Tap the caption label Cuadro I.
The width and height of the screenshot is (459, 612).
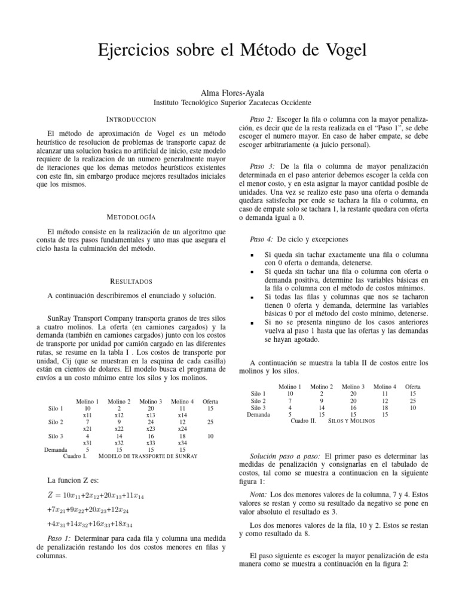click(75, 455)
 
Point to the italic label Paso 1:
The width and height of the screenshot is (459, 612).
click(62, 538)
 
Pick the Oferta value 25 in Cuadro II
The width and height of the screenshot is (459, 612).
click(412, 400)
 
